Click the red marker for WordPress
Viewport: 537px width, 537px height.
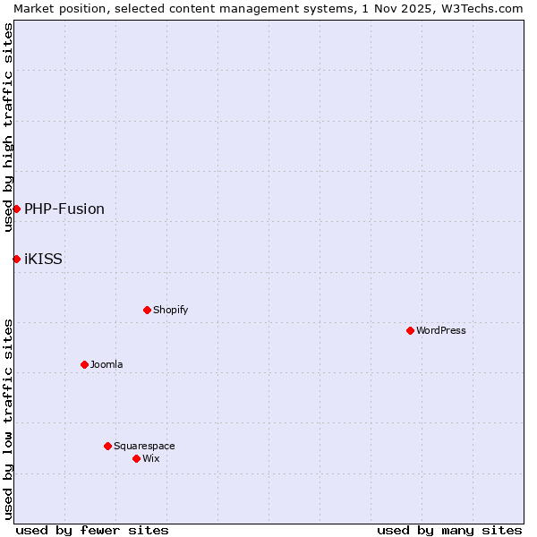point(410,330)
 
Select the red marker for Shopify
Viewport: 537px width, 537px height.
point(147,310)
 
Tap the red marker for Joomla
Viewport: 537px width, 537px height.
point(84,364)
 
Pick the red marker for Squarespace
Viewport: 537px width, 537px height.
point(107,446)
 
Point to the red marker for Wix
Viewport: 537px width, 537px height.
point(136,458)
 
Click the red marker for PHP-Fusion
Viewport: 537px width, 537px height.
point(16,209)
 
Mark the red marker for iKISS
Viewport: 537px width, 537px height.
point(16,259)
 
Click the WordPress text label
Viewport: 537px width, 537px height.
point(441,330)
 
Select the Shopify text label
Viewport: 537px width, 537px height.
point(170,310)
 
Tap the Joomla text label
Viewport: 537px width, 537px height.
point(107,364)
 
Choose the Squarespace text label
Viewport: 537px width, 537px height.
point(144,446)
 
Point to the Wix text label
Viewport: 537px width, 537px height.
point(151,458)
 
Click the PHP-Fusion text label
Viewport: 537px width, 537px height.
point(64,209)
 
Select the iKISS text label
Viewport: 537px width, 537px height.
point(43,259)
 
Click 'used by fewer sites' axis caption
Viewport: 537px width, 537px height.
point(92,530)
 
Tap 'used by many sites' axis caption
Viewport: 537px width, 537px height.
point(449,530)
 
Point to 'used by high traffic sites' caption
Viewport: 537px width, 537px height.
point(8,127)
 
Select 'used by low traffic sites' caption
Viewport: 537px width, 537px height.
point(8,419)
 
